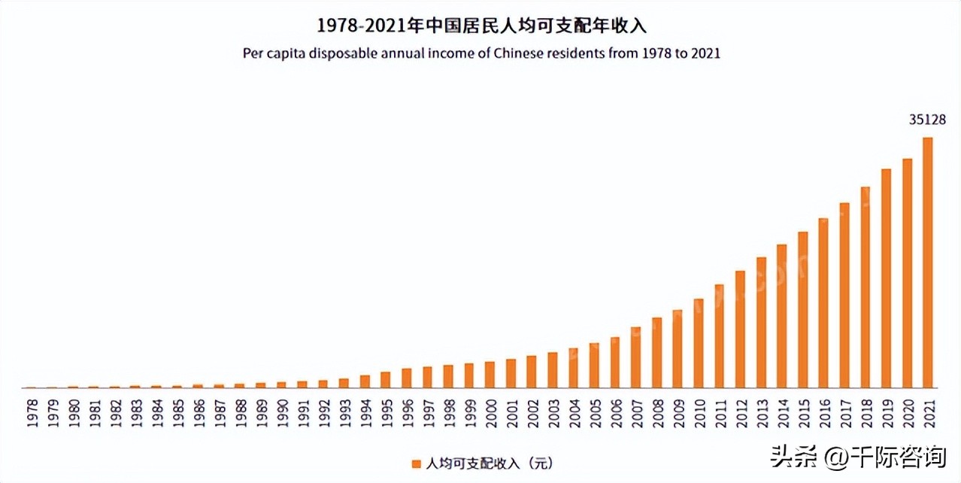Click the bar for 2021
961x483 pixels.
pyautogui.click(x=927, y=263)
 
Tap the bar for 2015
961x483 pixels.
pyautogui.click(x=802, y=309)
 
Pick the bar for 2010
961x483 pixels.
pyautogui.click(x=698, y=343)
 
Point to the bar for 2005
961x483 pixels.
pyautogui.click(x=594, y=365)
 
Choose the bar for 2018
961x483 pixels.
pyautogui.click(x=865, y=287)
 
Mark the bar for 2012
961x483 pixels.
pyautogui.click(x=740, y=329)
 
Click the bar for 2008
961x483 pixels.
pyautogui.click(x=656, y=352)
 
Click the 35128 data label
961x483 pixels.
pyautogui.click(x=926, y=120)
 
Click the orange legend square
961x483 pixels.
pyautogui.click(x=416, y=463)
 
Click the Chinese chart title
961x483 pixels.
pyautogui.click(x=481, y=26)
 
